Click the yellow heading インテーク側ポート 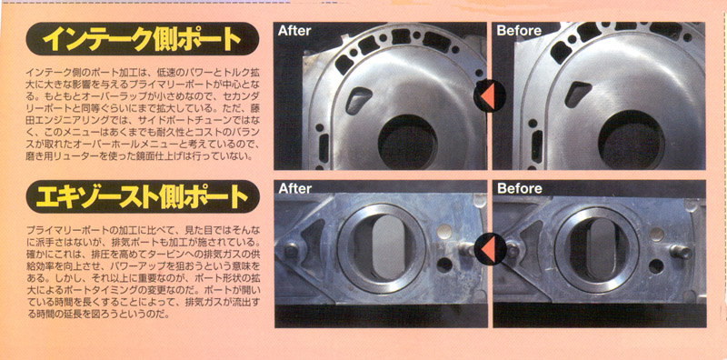coord(143,39)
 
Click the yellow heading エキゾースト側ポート coord(143,196)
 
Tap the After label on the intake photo coord(294,31)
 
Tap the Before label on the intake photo coord(519,31)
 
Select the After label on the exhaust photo coord(294,188)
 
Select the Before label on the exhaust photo coord(519,188)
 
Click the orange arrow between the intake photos coord(488,96)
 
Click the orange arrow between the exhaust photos coord(488,249)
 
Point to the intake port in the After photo coord(358,100)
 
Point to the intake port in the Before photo coord(578,94)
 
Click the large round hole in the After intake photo coord(407,142)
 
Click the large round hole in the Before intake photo coord(631,140)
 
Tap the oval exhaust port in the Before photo coord(603,249)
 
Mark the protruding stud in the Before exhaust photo coord(681,252)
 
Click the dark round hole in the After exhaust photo coord(444,265)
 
